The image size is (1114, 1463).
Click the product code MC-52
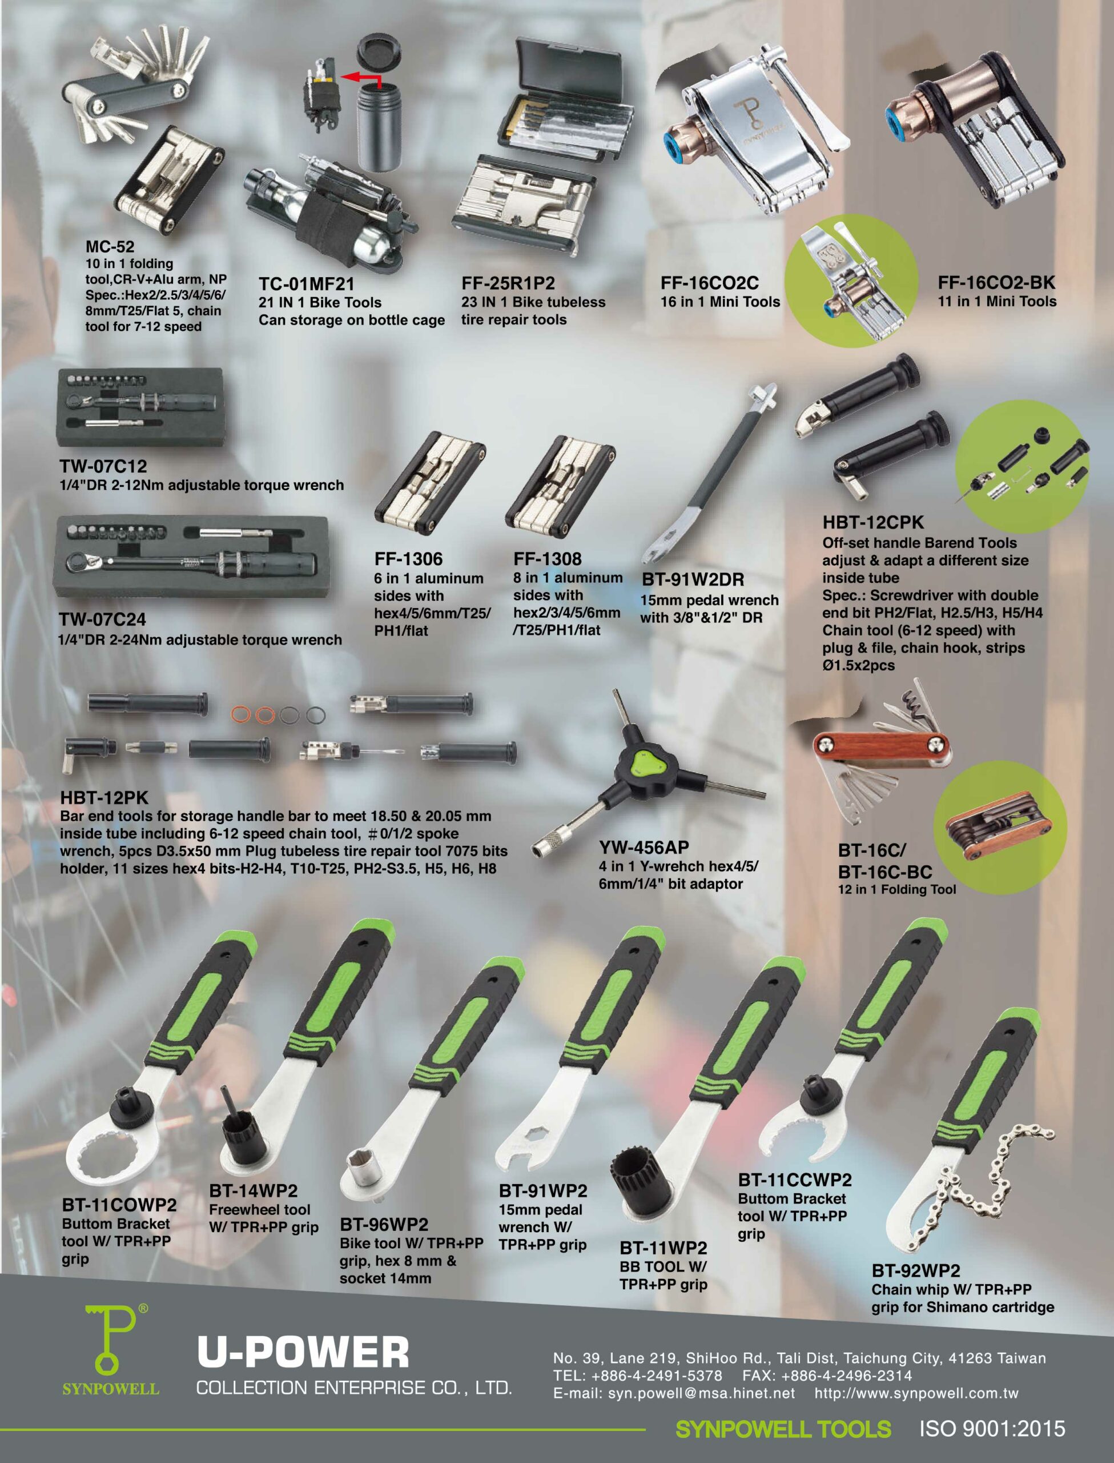(x=110, y=246)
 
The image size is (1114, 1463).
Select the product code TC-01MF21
(x=307, y=284)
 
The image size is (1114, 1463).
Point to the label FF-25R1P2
(x=508, y=283)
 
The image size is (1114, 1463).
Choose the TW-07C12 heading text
(x=103, y=466)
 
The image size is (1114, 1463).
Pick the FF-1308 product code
(x=547, y=559)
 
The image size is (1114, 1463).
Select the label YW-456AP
(x=644, y=848)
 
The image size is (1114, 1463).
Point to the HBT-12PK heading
(x=104, y=798)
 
